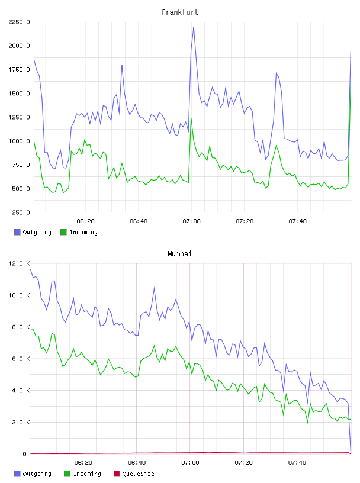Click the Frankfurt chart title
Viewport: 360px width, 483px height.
coord(180,12)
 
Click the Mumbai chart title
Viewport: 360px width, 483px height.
coord(179,254)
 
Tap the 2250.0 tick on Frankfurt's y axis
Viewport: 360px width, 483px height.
coord(19,22)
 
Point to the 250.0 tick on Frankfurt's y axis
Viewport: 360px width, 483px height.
coord(21,212)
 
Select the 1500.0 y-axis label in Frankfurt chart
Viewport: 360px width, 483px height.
coord(19,94)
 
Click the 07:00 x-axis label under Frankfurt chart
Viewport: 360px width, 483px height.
coord(191,221)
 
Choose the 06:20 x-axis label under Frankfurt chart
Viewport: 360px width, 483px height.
coord(85,221)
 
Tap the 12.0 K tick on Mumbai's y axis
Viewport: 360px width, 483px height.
coord(19,263)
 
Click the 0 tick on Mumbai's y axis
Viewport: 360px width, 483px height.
coord(25,454)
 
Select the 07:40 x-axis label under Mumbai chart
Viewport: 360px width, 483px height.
coord(297,463)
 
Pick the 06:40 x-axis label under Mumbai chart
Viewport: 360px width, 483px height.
coord(137,463)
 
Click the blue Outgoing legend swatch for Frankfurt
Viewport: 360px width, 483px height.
coord(17,232)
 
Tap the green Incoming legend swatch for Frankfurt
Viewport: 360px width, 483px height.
coord(63,232)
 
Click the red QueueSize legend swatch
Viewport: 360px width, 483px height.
coord(117,474)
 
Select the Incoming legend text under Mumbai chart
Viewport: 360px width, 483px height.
coord(87,474)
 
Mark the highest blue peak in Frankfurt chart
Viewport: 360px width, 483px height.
coord(194,27)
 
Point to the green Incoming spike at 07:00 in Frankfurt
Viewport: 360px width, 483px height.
coord(191,118)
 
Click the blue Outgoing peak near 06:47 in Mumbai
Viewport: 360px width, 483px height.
coord(154,288)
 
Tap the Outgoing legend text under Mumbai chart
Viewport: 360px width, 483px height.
coord(37,474)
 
